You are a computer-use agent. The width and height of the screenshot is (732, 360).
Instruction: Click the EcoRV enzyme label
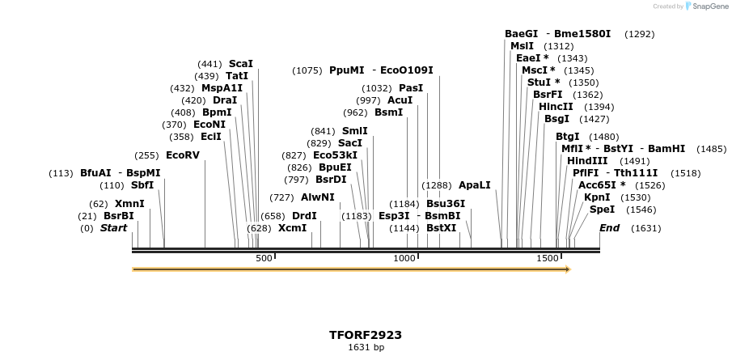point(182,155)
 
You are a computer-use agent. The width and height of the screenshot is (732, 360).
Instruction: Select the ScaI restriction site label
point(240,63)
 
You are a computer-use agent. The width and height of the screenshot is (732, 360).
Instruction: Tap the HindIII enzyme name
point(585,160)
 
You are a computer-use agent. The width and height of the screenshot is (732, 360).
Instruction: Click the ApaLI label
point(474,184)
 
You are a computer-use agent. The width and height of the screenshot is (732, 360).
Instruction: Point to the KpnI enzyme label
point(597,197)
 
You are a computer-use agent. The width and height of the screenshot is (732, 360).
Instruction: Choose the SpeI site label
point(602,209)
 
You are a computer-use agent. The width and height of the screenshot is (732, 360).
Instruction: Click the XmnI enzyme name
point(129,203)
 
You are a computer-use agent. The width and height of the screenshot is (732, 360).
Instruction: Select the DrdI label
point(304,215)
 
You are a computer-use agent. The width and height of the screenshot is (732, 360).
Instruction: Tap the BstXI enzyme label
point(441,228)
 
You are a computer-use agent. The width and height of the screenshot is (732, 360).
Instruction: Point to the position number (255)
point(146,155)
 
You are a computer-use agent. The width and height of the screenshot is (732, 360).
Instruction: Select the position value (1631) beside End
point(645,228)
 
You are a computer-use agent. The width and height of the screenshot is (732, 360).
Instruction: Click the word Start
point(114,228)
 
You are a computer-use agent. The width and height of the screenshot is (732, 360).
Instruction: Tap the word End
point(609,228)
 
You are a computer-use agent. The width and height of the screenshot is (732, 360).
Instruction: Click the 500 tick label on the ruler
point(264,258)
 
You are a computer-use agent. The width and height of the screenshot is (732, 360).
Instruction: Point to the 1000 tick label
point(404,258)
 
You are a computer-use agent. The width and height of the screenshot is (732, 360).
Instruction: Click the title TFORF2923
point(366,334)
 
